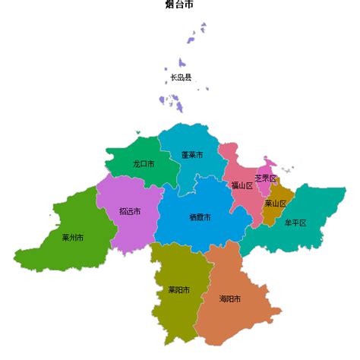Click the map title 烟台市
179,5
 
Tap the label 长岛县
181,77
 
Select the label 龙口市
144,163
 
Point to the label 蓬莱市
192,155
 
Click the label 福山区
242,185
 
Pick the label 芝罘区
265,178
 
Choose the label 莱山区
275,204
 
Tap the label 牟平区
295,223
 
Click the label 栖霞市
200,217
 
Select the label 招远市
130,212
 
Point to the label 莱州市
73,238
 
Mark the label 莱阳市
178,289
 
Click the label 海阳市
230,298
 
